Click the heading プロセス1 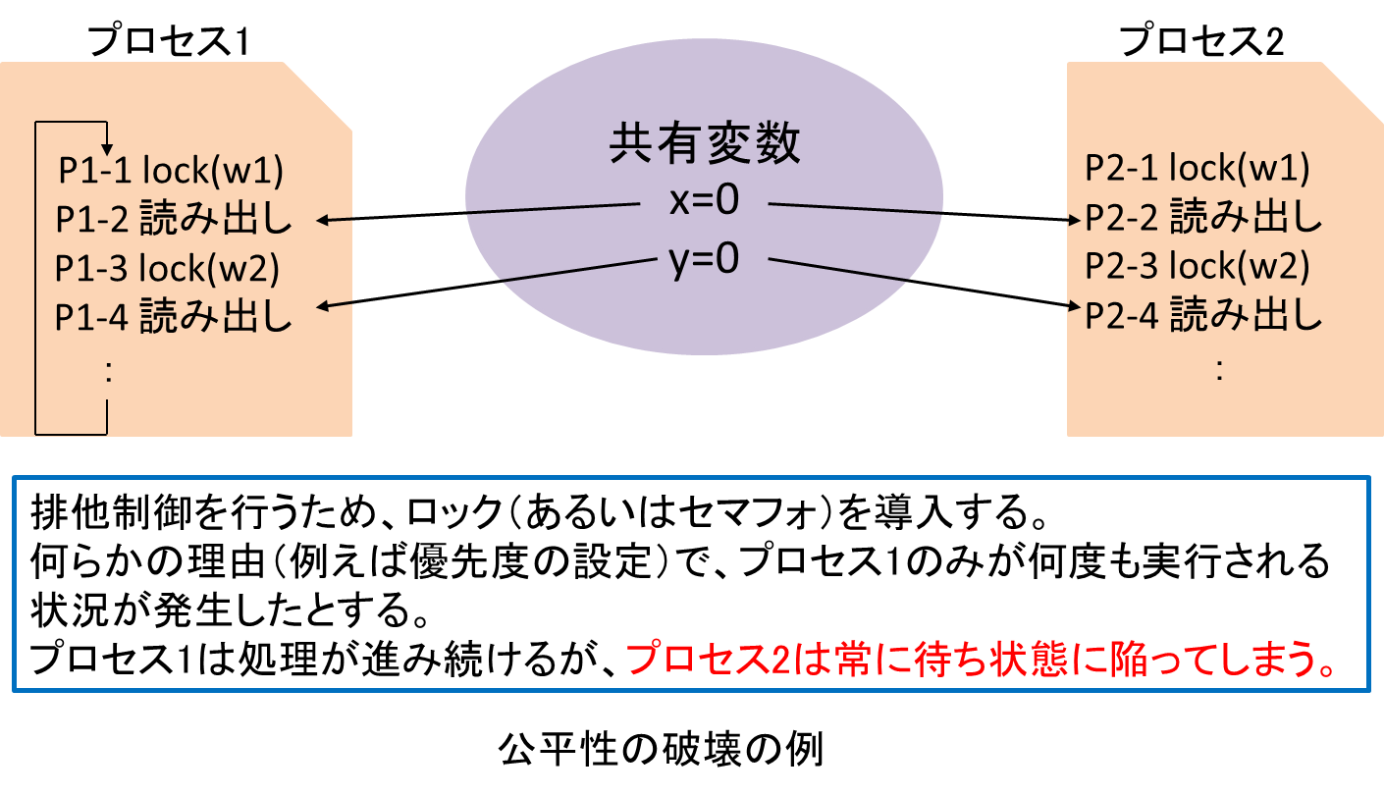(x=168, y=41)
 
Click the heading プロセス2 (x=1201, y=41)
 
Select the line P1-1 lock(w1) (x=171, y=170)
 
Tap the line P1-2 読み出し (x=173, y=218)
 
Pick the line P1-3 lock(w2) (x=167, y=268)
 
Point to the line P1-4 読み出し (x=173, y=316)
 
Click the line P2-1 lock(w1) (x=1198, y=168)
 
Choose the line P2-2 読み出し (x=1203, y=217)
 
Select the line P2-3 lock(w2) (x=1198, y=266)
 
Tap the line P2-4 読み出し (x=1203, y=314)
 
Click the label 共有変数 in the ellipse (x=705, y=143)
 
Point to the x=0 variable (x=705, y=200)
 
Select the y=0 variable (x=705, y=259)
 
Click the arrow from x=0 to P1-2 (x=478, y=211)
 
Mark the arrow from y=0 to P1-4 (x=487, y=283)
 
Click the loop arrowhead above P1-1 (x=107, y=150)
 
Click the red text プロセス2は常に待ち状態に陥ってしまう (x=982, y=659)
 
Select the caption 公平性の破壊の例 (x=662, y=750)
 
